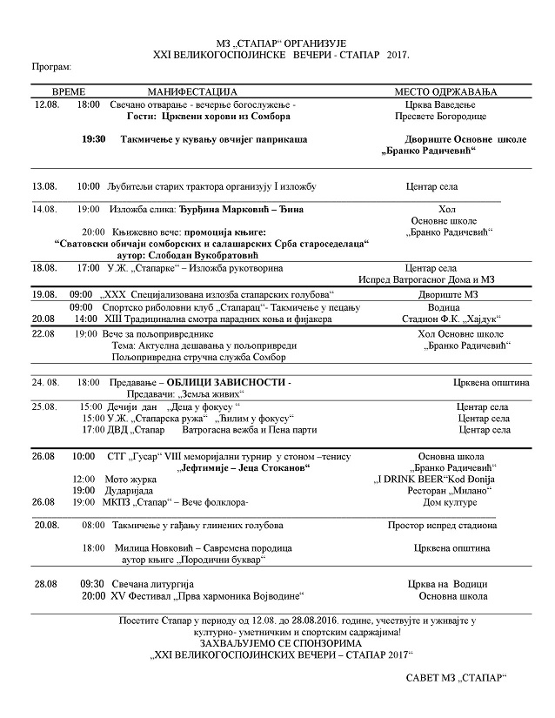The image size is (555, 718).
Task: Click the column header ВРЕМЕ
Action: (70, 91)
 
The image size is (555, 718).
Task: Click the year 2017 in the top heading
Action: (395, 54)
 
